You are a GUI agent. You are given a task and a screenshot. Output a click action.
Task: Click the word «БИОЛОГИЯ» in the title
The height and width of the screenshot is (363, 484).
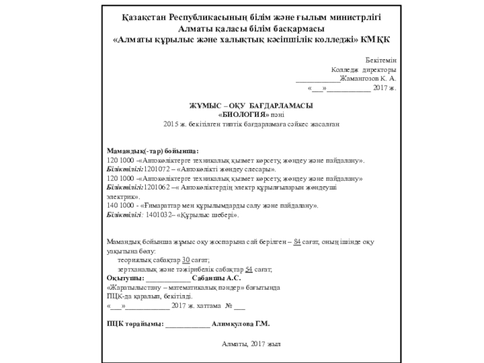click(243, 114)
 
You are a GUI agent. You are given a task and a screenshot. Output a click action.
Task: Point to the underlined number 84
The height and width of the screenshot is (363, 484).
click(296, 241)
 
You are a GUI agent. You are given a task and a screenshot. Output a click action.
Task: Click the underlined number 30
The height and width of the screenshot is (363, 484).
click(186, 260)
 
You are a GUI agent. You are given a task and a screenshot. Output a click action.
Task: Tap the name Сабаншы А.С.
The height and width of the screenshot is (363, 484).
click(220, 278)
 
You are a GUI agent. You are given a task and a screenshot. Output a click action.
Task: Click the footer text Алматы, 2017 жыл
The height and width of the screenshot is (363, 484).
click(251, 343)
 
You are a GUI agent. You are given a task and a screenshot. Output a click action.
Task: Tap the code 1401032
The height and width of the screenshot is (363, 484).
click(158, 215)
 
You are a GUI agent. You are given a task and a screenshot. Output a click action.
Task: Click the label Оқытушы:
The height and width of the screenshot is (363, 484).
click(125, 278)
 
